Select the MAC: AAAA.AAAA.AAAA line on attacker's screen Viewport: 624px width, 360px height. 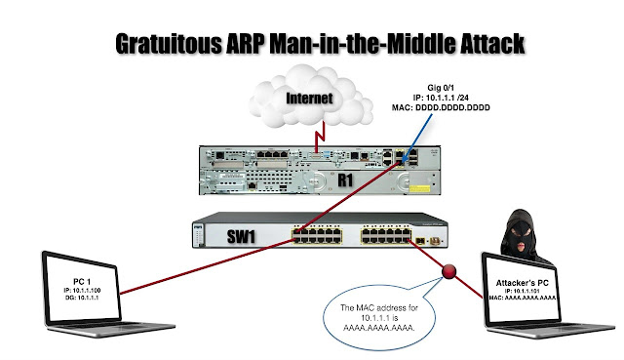[535, 300]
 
